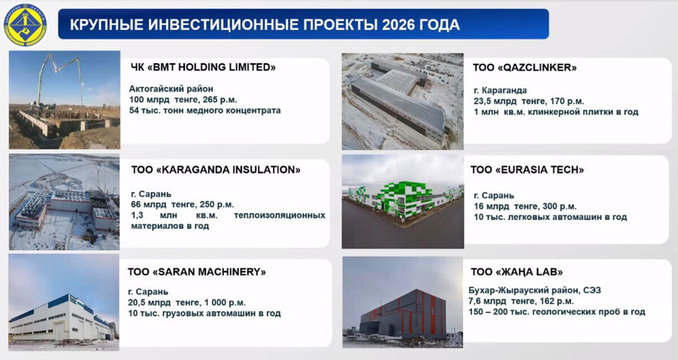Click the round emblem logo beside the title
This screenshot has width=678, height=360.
[25, 25]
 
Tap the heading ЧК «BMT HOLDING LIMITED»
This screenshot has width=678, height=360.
[203, 67]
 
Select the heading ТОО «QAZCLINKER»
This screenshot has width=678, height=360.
[524, 67]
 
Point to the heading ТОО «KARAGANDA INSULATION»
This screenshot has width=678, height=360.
[216, 170]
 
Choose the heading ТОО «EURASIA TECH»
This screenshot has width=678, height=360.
[527, 170]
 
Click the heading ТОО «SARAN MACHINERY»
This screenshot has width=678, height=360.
[197, 272]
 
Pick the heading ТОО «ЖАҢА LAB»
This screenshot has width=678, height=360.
[516, 272]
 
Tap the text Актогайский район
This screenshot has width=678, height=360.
[171, 89]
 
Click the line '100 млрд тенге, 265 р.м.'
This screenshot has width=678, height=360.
[183, 99]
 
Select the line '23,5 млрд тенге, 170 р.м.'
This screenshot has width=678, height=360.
[529, 101]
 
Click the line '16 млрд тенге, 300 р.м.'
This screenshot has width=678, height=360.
[525, 206]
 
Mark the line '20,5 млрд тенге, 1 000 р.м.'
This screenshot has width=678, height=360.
[186, 302]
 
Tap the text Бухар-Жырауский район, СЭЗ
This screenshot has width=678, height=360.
[534, 290]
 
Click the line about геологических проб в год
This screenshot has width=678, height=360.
[557, 311]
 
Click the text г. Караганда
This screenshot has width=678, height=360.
[500, 90]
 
